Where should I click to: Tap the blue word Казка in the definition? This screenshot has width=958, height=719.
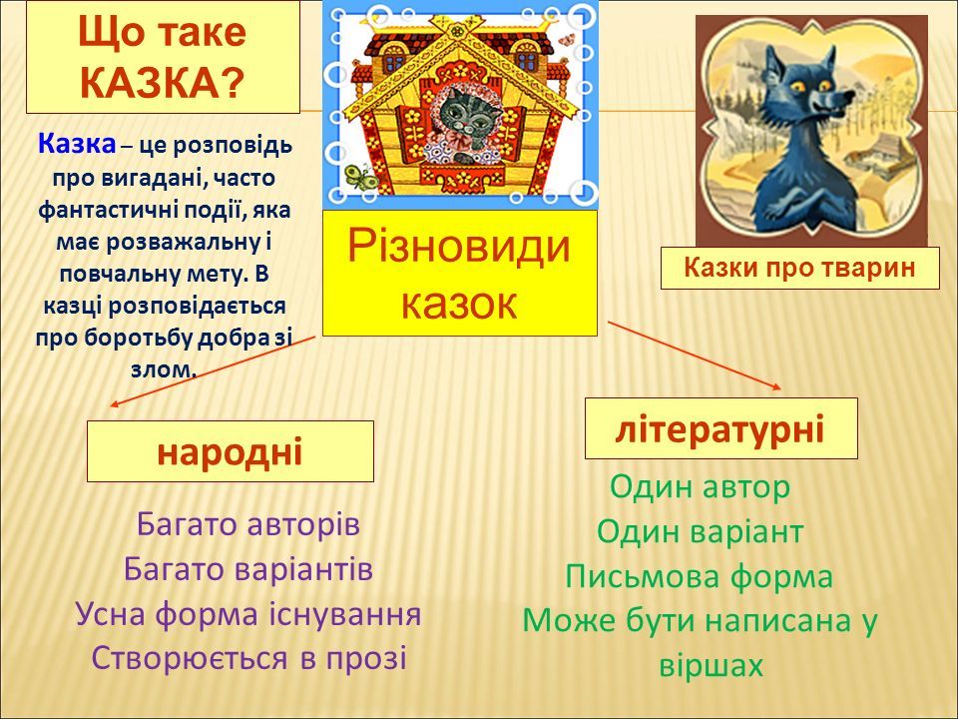[77, 145]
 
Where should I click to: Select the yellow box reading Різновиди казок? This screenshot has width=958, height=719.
[459, 273]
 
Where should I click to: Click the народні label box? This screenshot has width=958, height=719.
[231, 451]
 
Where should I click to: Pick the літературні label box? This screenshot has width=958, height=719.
[720, 428]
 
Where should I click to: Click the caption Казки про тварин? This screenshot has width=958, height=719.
[799, 268]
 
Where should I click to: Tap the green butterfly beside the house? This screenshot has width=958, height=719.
[360, 178]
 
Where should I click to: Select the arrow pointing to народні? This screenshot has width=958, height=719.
[213, 370]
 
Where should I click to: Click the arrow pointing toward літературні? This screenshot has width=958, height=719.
[695, 356]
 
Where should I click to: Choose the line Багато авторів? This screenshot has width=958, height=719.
[248, 524]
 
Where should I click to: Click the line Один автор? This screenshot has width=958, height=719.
[701, 486]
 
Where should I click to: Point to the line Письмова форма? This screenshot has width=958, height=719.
[699, 576]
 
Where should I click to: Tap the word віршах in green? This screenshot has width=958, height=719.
[712, 666]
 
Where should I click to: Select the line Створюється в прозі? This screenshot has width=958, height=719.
[249, 658]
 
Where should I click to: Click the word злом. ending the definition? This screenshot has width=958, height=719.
[164, 369]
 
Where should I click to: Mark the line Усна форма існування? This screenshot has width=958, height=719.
[248, 614]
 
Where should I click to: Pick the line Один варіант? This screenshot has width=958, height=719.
[701, 531]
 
